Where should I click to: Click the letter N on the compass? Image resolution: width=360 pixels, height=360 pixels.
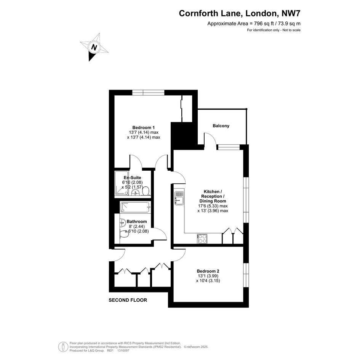click(x=94, y=47)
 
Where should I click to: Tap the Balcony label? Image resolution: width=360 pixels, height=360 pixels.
click(x=221, y=126)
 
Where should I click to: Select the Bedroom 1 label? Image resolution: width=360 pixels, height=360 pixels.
click(x=144, y=128)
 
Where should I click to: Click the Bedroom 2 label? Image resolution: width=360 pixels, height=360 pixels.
click(x=208, y=271)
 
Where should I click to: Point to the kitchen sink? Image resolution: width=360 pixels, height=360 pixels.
click(x=179, y=198)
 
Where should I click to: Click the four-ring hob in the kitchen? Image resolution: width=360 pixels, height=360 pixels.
click(x=202, y=239)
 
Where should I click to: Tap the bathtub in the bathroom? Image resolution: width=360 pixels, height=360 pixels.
click(x=136, y=207)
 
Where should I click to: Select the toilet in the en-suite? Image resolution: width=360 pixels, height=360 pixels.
click(x=146, y=191)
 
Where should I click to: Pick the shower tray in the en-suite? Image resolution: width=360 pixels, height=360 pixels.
click(x=122, y=183)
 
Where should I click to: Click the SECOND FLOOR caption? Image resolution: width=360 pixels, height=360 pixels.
click(x=128, y=300)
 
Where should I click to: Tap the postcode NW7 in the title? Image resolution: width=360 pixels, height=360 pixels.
click(x=291, y=13)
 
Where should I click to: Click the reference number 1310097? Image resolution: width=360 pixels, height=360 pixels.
click(x=123, y=350)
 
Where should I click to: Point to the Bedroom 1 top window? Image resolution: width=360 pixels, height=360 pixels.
click(x=148, y=93)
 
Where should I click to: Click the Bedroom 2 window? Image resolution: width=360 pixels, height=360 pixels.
click(x=246, y=275)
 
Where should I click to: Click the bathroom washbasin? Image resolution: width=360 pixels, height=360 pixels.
click(x=123, y=222)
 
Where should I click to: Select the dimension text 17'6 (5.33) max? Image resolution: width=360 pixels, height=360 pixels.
click(x=213, y=206)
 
